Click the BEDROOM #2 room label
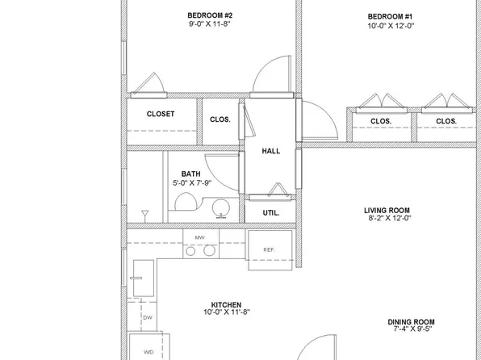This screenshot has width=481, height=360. click(x=210, y=15)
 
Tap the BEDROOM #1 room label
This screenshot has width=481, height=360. click(x=390, y=16)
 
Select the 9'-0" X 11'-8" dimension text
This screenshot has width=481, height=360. click(x=210, y=25)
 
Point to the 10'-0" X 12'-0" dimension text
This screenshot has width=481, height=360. click(x=390, y=26)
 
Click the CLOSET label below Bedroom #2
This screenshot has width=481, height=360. click(x=161, y=115)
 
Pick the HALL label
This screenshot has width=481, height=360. click(x=270, y=151)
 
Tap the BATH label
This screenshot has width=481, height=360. click(x=190, y=174)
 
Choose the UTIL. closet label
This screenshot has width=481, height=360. click(x=271, y=213)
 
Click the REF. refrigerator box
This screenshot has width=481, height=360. click(x=269, y=249)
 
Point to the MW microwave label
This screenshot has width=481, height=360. click(x=199, y=237)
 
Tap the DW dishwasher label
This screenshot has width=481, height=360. click(x=147, y=318)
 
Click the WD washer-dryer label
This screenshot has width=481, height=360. click(x=147, y=352)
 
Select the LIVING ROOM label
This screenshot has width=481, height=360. click(x=389, y=209)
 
